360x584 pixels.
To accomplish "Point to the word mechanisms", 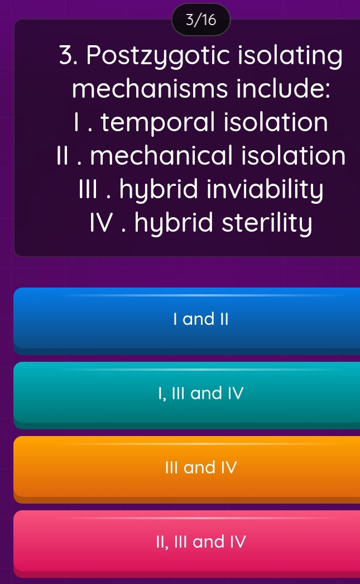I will pyautogui.click(x=141, y=89).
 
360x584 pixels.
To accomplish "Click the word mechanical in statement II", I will pyautogui.click(x=154, y=155).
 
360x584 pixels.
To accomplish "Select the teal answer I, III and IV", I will pyautogui.click(x=186, y=394).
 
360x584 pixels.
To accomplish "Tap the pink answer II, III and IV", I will pyautogui.click(x=186, y=541).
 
